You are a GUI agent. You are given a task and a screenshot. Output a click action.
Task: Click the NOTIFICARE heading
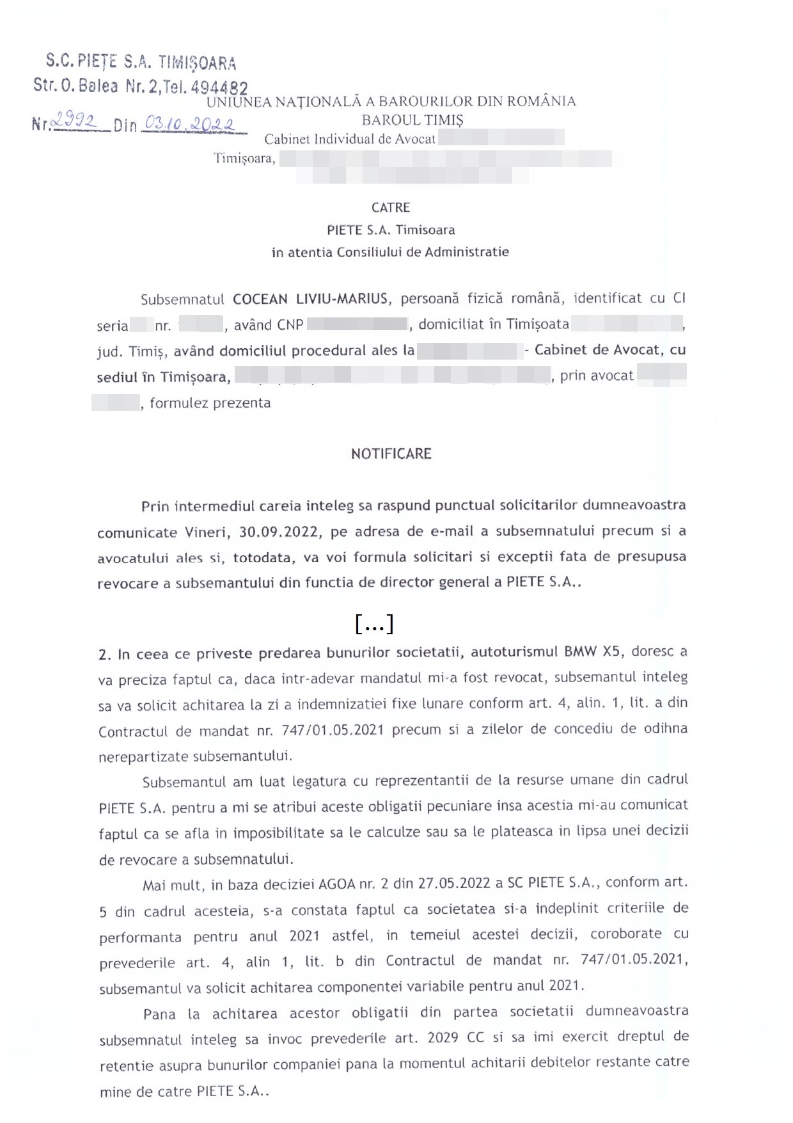[391, 454]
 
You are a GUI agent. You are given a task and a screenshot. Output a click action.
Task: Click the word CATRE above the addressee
[390, 207]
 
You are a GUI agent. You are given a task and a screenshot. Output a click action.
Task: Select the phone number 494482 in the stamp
[219, 88]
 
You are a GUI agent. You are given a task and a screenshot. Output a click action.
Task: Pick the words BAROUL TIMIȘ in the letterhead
[412, 120]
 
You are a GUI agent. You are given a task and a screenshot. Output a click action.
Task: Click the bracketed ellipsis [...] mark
[374, 623]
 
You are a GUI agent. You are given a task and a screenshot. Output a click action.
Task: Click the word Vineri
[206, 532]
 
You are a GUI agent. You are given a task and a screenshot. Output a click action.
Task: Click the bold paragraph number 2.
[104, 654]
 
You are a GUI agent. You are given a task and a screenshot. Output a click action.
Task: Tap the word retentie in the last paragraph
[127, 1066]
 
